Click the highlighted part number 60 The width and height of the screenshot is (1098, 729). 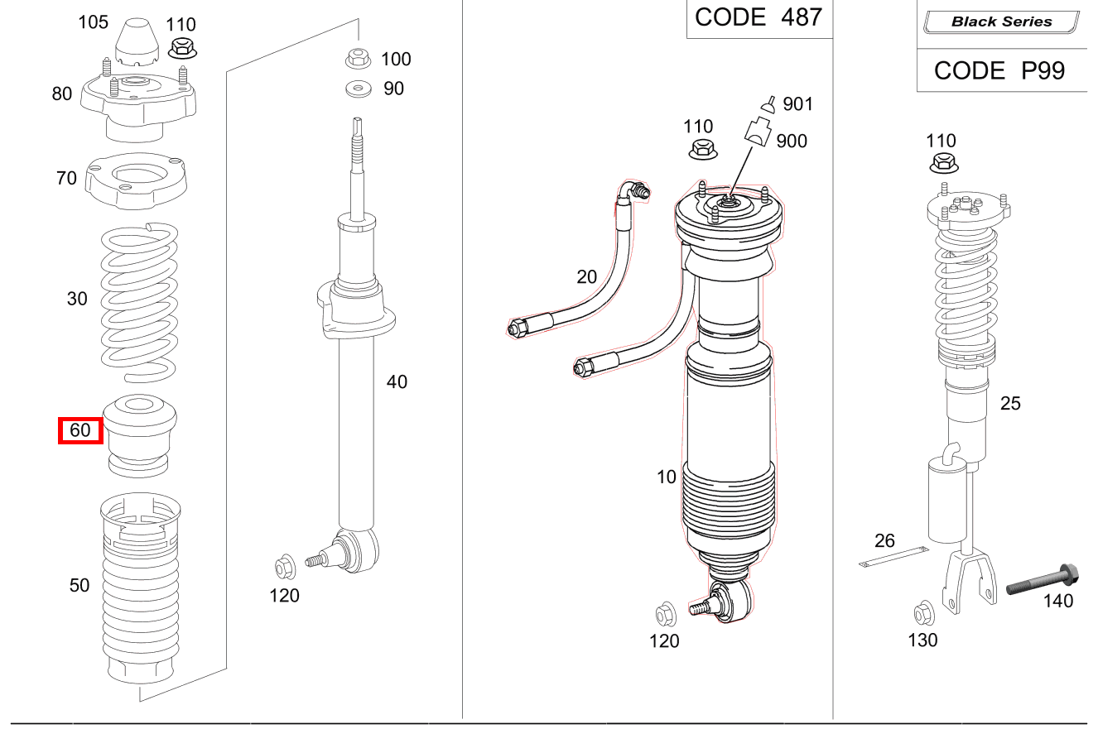click(x=80, y=430)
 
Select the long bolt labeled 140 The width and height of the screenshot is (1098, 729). click(x=1041, y=579)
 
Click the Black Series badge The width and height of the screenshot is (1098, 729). click(x=1001, y=22)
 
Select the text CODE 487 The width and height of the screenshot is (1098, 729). click(x=758, y=17)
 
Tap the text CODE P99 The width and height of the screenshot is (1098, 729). click(x=999, y=71)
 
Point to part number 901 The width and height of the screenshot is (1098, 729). click(x=797, y=104)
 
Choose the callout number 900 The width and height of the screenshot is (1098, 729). click(x=792, y=141)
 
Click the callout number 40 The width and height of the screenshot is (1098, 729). click(x=397, y=382)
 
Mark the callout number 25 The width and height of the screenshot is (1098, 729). click(x=1010, y=404)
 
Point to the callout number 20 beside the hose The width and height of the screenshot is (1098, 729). click(x=586, y=277)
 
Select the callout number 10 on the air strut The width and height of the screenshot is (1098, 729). click(x=667, y=477)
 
